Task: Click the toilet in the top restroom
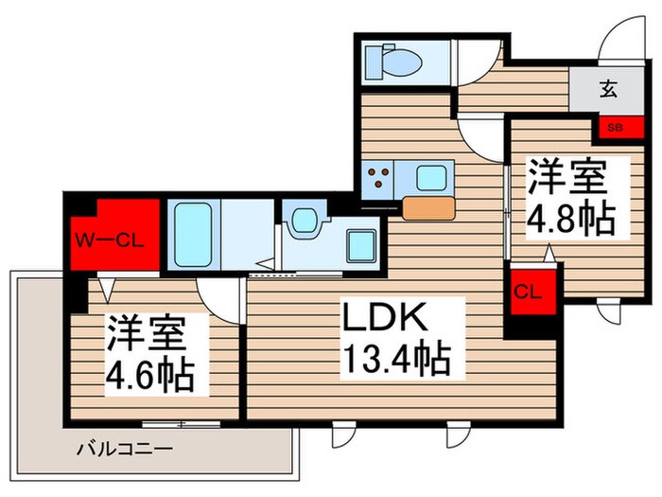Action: click(x=396, y=62)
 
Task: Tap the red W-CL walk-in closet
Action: click(x=109, y=240)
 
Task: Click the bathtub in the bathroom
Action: click(x=196, y=234)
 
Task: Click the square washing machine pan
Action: click(x=360, y=248)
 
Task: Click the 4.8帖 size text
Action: click(x=571, y=219)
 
